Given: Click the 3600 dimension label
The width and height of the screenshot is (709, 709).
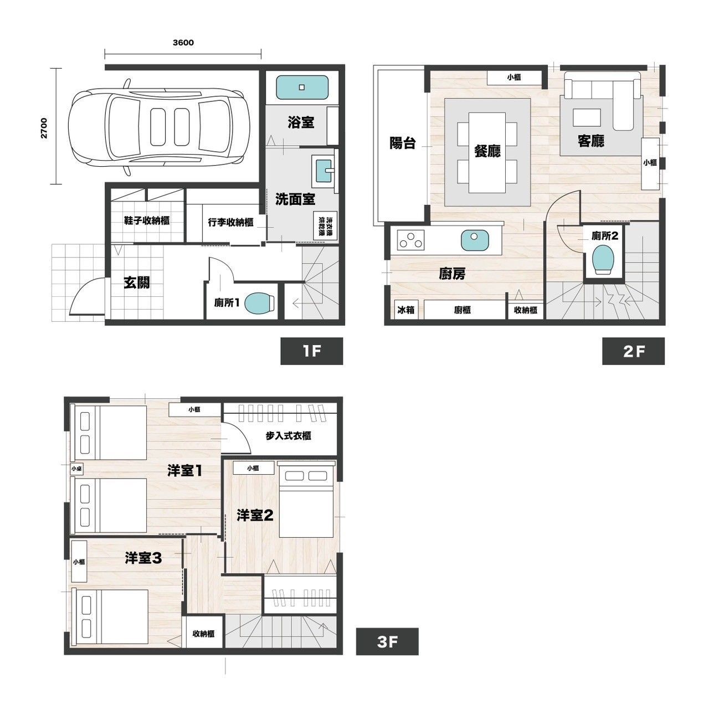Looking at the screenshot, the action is point(183,43).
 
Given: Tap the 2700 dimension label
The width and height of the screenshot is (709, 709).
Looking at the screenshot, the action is point(44,128).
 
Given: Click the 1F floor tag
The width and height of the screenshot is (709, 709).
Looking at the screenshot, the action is point(312,351).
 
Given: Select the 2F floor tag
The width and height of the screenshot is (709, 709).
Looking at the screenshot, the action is point(633,351).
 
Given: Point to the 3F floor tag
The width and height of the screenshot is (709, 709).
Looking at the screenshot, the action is point(387,642).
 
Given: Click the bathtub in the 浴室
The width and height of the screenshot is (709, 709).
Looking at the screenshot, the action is point(302,87).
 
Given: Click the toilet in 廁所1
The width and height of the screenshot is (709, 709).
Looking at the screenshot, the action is point(260,303).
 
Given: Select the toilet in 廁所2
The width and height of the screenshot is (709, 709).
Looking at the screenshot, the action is point(603,260).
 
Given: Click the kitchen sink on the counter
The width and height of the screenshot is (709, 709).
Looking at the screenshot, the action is point(475,240).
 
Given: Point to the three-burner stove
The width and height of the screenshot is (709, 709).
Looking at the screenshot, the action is point(410,240).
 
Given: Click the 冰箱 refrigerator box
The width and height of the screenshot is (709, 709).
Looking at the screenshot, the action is point(406,310).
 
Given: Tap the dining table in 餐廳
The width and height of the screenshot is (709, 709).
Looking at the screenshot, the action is point(487,153).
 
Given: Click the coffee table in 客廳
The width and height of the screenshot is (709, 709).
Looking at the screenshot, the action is point(587,117).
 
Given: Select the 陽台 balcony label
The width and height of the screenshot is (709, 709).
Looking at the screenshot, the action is point(403,143).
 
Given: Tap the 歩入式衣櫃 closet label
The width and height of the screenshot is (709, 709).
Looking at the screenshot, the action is point(289,436).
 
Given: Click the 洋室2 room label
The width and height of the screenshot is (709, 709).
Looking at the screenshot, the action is point(255,516).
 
